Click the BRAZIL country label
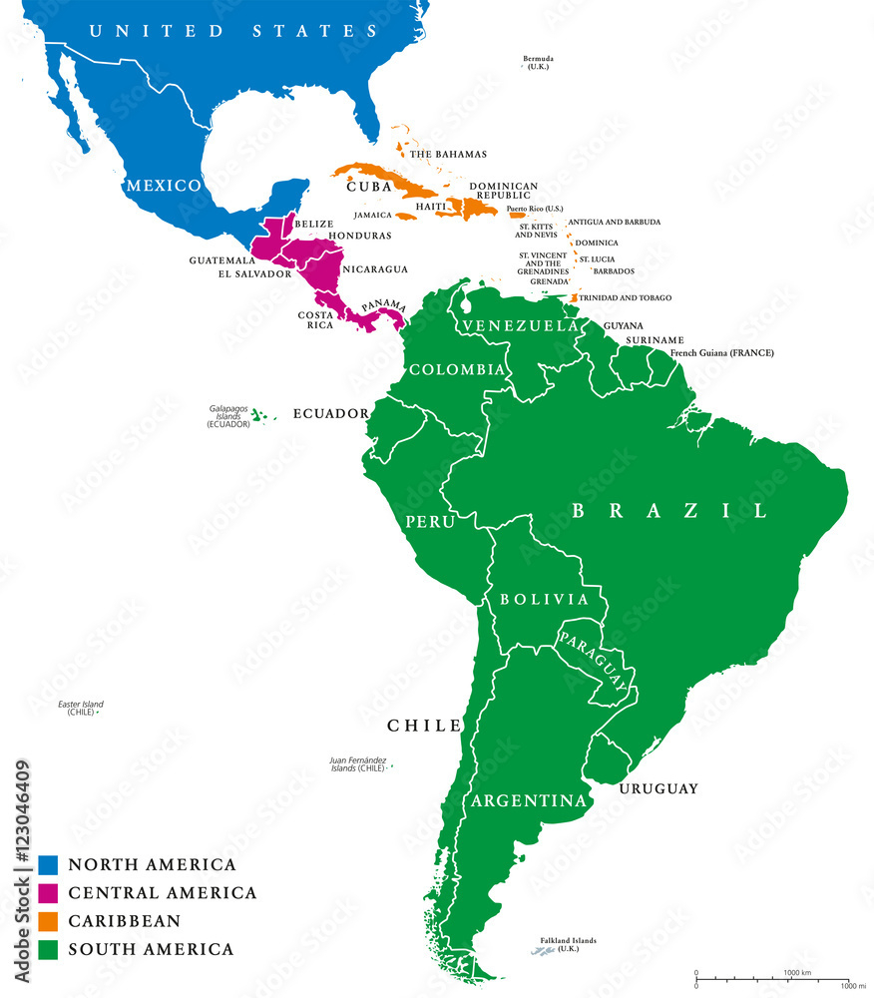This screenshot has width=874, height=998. (x=670, y=510)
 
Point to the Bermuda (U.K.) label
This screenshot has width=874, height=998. (x=538, y=63)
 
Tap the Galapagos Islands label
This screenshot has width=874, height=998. (x=228, y=415)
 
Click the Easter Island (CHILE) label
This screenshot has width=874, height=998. (x=80, y=708)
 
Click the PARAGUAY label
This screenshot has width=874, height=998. (x=595, y=660)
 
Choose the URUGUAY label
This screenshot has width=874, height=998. (x=657, y=788)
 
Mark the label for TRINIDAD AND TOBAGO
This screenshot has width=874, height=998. (x=626, y=297)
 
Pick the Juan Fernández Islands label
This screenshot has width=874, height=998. (x=356, y=764)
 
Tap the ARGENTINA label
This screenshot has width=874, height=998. (x=528, y=800)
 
